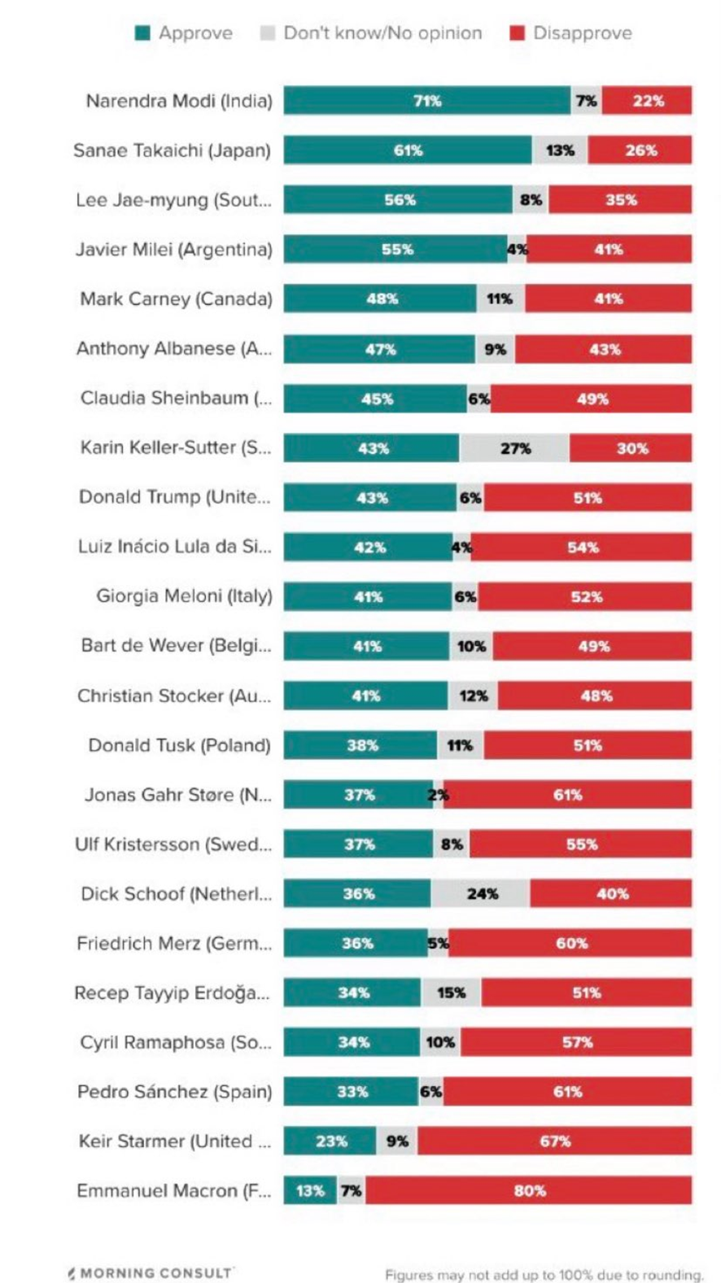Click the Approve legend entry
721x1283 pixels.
tap(184, 33)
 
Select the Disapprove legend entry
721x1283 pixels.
tap(571, 33)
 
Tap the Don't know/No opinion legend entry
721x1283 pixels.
tap(371, 33)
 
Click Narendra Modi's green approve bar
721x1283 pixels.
tap(426, 101)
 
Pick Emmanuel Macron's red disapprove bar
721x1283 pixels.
tap(529, 1190)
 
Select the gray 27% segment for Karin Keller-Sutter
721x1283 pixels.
tap(514, 448)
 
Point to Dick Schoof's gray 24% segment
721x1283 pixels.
tap(481, 893)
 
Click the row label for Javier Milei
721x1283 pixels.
tap(174, 250)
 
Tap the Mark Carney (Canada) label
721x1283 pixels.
tap(176, 299)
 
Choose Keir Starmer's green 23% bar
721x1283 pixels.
tap(330, 1141)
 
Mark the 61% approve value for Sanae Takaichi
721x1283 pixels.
tap(408, 151)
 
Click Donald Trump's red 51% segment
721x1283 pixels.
tap(588, 498)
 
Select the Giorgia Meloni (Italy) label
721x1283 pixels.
tap(184, 596)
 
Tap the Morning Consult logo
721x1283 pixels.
tap(151, 1272)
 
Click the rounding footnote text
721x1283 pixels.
tap(544, 1274)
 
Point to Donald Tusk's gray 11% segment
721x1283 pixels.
tap(460, 745)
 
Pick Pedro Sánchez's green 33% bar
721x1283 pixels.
tap(351, 1092)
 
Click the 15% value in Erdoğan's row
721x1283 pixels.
tap(451, 993)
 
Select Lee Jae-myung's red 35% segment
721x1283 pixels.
tap(620, 200)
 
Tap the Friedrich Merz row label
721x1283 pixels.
tap(174, 944)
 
